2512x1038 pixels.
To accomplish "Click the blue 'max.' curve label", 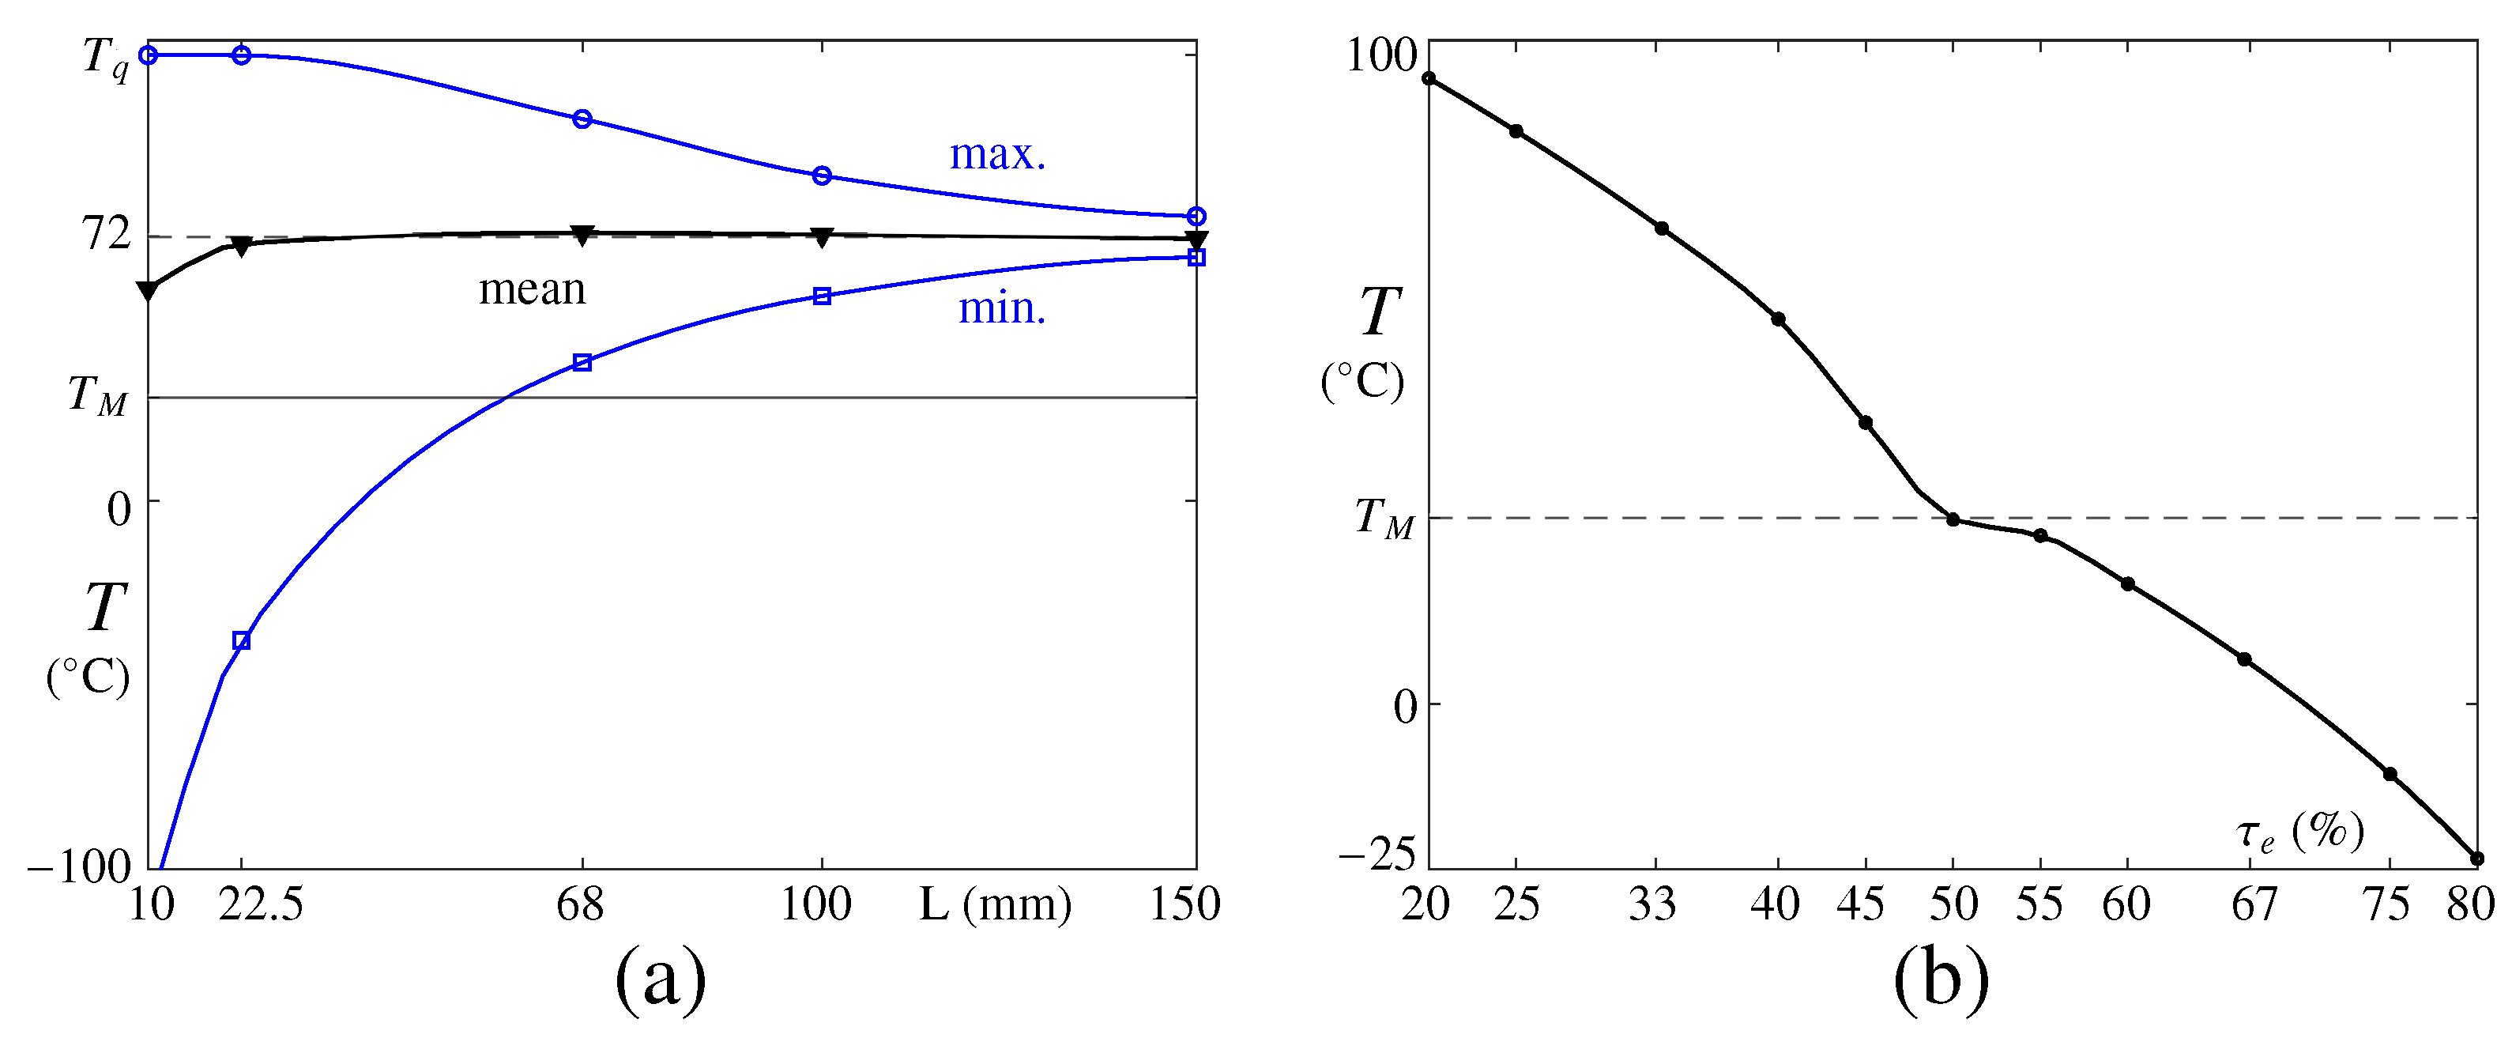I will [996, 155].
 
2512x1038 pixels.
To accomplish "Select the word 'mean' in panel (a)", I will [533, 290].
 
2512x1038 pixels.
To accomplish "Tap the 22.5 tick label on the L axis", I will [261, 904].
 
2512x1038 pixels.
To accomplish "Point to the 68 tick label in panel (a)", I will [580, 904].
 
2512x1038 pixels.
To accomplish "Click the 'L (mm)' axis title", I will [995, 905].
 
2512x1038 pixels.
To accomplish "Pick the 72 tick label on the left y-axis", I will [105, 234].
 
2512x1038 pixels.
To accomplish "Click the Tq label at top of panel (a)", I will [105, 59].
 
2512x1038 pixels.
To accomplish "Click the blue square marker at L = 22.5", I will [242, 641].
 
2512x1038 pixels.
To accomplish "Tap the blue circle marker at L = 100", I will [822, 176].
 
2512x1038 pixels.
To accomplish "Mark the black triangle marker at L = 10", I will [149, 291].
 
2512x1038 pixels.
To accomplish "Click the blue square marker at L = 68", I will [582, 363].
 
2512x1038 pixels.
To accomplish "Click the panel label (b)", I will [1941, 979].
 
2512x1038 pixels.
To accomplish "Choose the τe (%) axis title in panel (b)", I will [2299, 832].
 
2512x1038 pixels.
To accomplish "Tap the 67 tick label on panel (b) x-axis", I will [2254, 904].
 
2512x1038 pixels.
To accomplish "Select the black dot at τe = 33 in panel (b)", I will [1662, 228].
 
